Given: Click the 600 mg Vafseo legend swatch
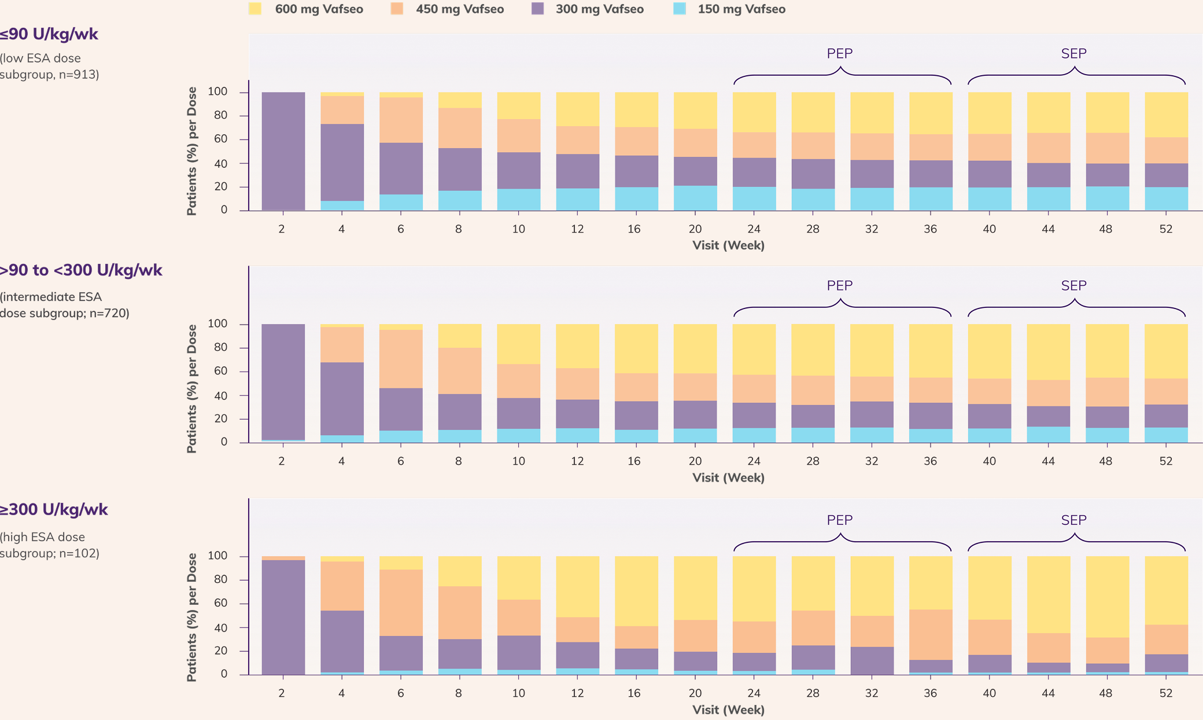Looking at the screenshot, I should tap(255, 9).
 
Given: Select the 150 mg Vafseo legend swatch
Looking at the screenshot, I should tap(680, 9).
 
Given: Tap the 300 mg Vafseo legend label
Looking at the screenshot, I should tap(599, 9).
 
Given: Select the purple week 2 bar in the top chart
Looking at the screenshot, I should tap(283, 150).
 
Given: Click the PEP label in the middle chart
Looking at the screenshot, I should tap(839, 285).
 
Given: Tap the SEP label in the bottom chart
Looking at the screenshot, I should tap(1073, 520).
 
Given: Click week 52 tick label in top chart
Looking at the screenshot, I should tap(1165, 229).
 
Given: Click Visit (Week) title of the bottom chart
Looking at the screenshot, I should tap(728, 710).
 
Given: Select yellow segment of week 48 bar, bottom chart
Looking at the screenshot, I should tap(1107, 596).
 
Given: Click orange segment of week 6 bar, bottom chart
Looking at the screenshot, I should tap(401, 602).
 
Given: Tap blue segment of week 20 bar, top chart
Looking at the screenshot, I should tap(695, 198).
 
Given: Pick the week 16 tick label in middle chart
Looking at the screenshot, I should tap(634, 461).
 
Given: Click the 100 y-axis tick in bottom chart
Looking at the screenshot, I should tap(217, 556).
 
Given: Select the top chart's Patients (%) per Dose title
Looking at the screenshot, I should tap(191, 151).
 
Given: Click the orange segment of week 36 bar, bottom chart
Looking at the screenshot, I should tap(930, 634).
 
